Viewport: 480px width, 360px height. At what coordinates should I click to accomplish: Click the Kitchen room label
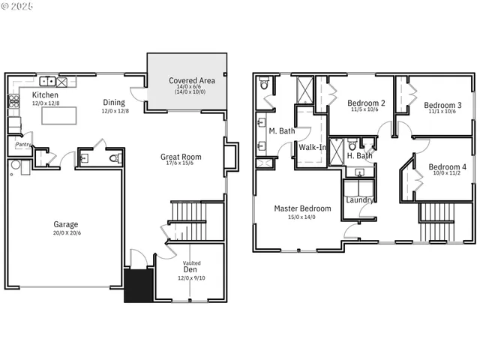[45, 95]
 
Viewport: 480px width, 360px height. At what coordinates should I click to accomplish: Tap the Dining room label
[115, 103]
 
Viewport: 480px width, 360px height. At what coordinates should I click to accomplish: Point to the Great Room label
[181, 157]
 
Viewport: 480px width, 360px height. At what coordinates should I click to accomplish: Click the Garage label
[65, 223]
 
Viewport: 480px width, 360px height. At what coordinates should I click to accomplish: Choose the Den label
[190, 270]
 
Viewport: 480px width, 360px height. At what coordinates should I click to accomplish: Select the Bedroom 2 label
[367, 103]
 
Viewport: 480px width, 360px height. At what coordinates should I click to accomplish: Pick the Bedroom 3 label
[442, 105]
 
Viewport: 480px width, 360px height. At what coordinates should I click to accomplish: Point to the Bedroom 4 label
[447, 166]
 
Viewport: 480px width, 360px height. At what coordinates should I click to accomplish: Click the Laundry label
[360, 199]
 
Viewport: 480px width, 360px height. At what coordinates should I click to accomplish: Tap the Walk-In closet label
[313, 147]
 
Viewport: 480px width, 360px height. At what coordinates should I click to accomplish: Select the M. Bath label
[281, 131]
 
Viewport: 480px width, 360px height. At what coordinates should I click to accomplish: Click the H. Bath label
[360, 156]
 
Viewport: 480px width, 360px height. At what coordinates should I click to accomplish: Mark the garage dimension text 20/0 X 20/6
[65, 232]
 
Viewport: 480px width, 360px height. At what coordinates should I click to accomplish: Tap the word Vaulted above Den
[192, 263]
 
